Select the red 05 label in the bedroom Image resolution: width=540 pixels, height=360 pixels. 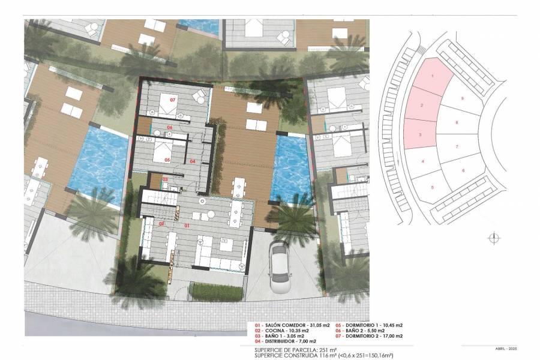pyautogui.click(x=167, y=160)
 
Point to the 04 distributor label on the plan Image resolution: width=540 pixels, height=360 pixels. pyautogui.click(x=193, y=161)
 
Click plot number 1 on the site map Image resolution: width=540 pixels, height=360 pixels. pyautogui.click(x=433, y=76)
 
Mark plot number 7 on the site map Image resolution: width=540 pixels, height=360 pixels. pyautogui.click(x=457, y=146)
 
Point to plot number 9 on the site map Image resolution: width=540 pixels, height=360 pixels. pyautogui.click(x=462, y=97)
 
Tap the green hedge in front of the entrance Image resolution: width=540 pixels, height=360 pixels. pyautogui.click(x=216, y=292)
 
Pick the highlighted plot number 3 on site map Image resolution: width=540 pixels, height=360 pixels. pyautogui.click(x=420, y=134)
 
